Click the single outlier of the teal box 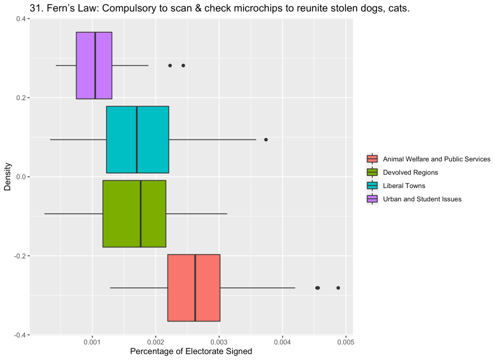click(266, 139)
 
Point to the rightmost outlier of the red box click(338, 288)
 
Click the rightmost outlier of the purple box click(183, 65)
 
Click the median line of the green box click(140, 213)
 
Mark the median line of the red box click(195, 287)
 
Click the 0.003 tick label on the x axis click(219, 342)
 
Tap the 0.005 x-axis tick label click(345, 342)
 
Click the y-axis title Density click(8, 177)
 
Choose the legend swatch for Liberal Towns click(372, 186)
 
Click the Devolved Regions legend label click(410, 172)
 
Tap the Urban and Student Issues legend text click(422, 199)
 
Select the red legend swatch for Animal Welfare click(372, 159)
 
